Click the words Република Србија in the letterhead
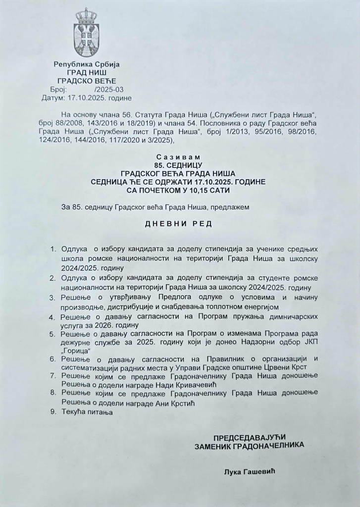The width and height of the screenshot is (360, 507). point(86,64)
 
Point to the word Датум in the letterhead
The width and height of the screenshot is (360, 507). point(54,98)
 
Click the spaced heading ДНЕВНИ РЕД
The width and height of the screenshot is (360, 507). point(178,224)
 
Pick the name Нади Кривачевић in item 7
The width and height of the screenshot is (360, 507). point(188,385)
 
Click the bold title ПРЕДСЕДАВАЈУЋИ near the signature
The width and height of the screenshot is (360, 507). point(250,437)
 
